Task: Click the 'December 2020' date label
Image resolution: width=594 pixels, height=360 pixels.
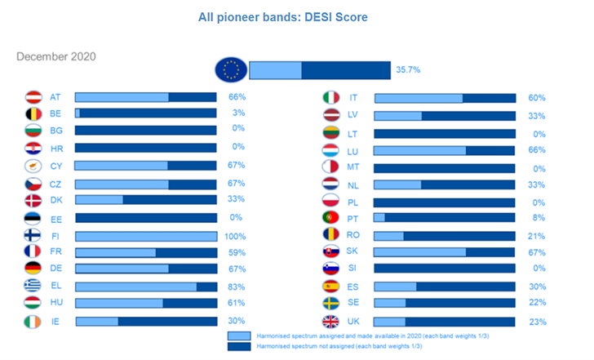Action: pos(56,57)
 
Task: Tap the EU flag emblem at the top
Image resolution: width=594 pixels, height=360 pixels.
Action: pos(231,70)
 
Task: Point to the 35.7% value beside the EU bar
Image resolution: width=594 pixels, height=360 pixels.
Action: pos(407,70)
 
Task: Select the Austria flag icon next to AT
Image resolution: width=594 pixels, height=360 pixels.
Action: pos(34,97)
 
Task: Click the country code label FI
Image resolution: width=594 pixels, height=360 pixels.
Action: pos(55,237)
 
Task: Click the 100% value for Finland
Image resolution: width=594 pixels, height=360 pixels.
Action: pos(235,237)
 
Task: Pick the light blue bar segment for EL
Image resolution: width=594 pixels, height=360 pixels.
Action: pos(135,287)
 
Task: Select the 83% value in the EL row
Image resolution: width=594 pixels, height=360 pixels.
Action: pos(237,287)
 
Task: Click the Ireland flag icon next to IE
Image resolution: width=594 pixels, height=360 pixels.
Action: pos(34,322)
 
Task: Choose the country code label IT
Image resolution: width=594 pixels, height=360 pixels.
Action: pos(353,98)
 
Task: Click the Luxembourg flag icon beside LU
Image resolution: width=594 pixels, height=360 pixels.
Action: pos(331,150)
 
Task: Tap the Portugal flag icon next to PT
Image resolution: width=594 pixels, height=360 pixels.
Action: pos(331,218)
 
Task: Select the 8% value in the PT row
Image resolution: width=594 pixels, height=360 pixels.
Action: pos(539,218)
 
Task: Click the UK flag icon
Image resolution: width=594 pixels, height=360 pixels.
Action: pos(331,322)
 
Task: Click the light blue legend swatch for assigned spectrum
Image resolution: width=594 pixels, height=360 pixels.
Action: pos(240,336)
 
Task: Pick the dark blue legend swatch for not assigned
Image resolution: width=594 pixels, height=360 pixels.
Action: pos(240,347)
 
